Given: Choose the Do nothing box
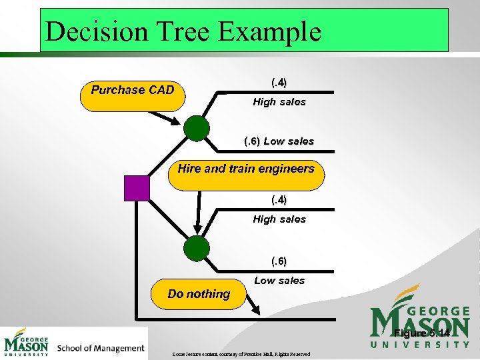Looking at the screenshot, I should [x=199, y=294].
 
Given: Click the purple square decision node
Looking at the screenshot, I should [x=137, y=187].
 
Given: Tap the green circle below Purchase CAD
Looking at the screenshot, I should [x=196, y=129].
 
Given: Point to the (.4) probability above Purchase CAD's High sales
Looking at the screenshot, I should [x=279, y=83].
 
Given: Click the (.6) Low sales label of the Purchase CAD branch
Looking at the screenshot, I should [x=279, y=141].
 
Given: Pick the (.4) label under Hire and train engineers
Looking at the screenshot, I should [x=279, y=199].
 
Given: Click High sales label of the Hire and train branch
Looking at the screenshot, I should [x=279, y=219].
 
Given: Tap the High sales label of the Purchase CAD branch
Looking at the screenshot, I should [x=279, y=102].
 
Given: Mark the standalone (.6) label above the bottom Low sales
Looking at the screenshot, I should [x=279, y=261].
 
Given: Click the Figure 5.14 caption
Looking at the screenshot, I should [x=421, y=333].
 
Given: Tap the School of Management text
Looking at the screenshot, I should [x=101, y=348].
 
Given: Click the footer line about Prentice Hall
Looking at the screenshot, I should [x=241, y=354].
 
